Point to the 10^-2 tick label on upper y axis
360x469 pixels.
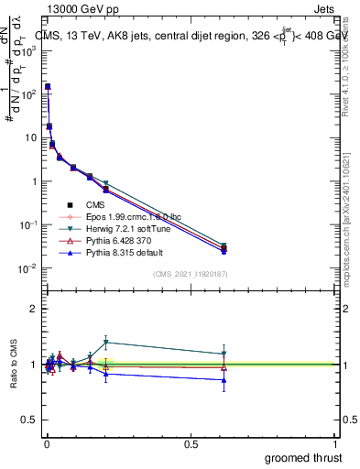(30, 268)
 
